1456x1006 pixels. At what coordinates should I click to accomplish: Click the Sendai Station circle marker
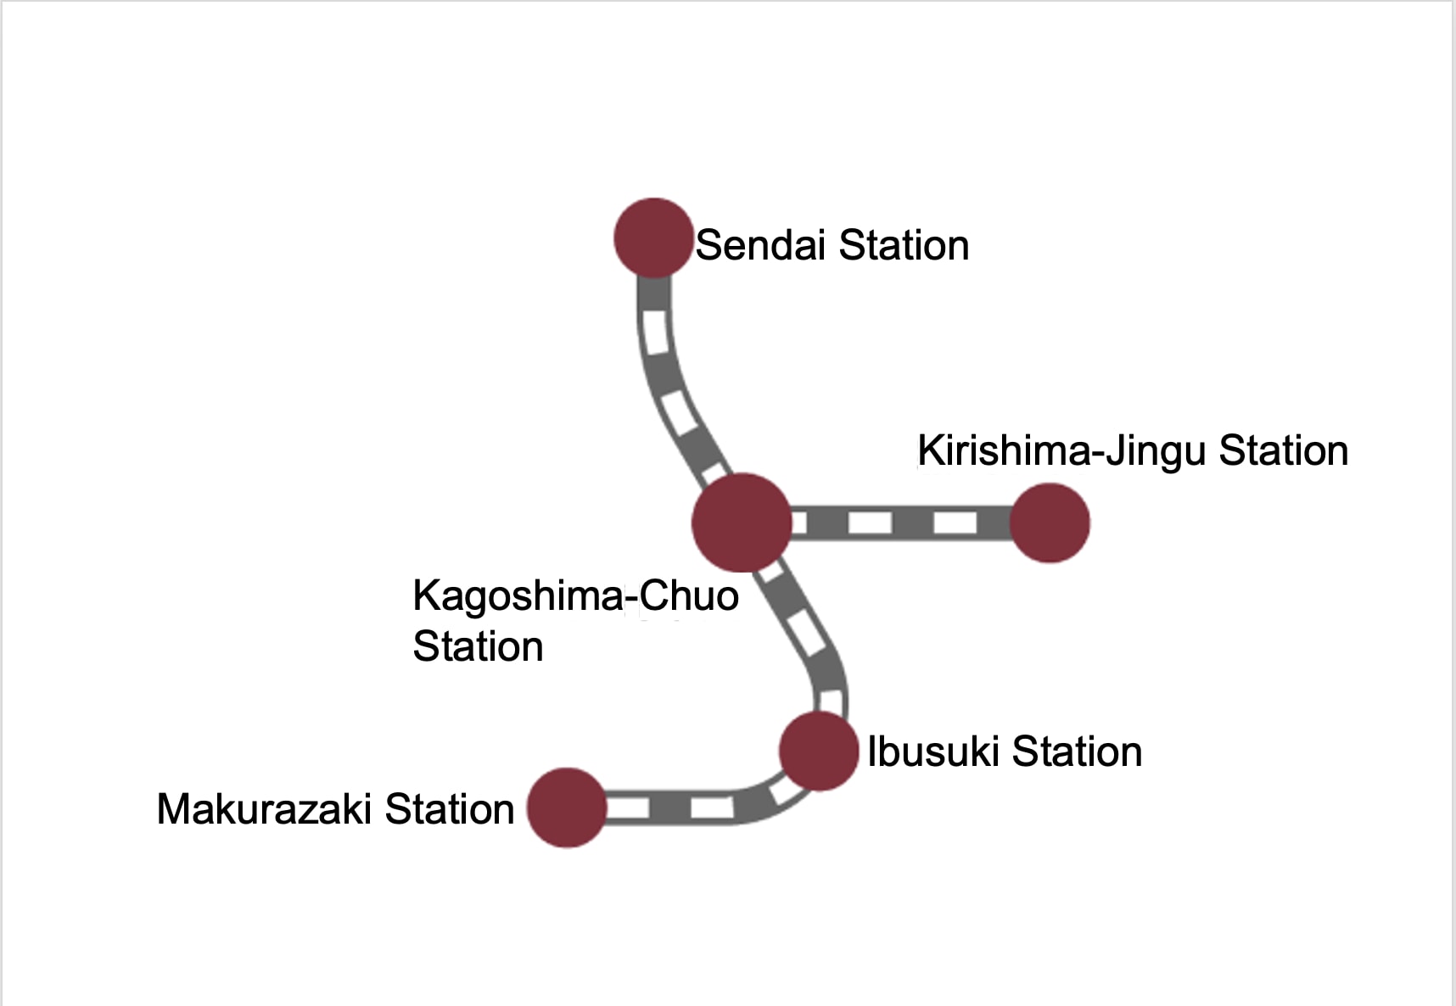click(653, 238)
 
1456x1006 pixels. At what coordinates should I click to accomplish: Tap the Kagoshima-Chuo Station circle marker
click(742, 523)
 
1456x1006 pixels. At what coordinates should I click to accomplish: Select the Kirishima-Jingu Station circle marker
click(1050, 523)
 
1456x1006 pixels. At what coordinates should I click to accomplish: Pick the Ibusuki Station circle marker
click(819, 752)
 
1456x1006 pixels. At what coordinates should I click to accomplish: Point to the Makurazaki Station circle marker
click(567, 808)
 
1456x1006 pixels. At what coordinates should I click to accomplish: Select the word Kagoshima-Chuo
click(576, 595)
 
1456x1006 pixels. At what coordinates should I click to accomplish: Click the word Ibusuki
click(933, 752)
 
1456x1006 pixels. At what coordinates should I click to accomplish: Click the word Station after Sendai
click(904, 245)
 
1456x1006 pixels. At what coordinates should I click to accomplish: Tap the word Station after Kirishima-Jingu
click(1284, 450)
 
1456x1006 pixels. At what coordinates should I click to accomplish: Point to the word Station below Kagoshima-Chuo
click(479, 646)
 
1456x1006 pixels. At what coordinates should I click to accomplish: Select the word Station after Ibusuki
click(1078, 752)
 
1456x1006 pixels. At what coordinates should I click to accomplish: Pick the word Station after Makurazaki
click(450, 808)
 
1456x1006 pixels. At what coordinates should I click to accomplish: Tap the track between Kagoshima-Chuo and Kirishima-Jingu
click(901, 523)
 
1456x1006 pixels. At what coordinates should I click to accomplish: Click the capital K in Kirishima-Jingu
click(929, 450)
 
